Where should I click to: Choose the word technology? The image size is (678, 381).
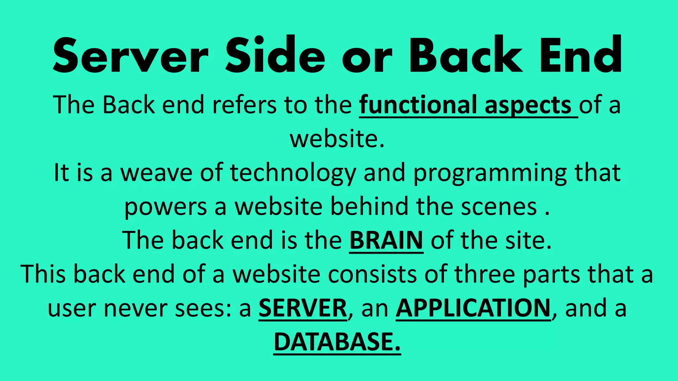click(x=293, y=173)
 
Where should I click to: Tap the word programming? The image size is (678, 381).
click(x=490, y=173)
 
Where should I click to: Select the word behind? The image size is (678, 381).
click(x=369, y=206)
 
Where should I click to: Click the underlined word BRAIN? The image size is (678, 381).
click(x=386, y=240)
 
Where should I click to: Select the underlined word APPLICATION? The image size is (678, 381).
click(x=473, y=308)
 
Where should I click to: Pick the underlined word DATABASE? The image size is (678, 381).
click(x=337, y=342)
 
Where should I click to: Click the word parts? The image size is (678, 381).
click(x=551, y=275)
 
